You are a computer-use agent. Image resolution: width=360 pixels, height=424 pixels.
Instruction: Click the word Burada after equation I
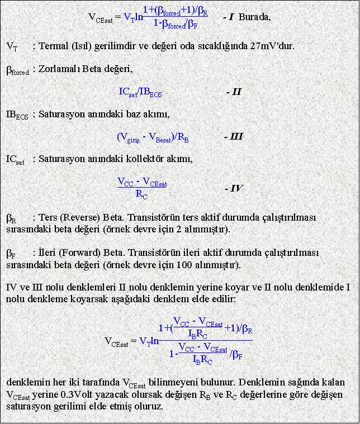coord(254,17)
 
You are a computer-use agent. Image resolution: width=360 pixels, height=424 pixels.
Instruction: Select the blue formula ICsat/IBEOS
coord(140,92)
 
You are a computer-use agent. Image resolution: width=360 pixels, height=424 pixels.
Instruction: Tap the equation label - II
coord(234,92)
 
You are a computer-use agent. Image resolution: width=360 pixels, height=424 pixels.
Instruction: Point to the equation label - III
coord(233,137)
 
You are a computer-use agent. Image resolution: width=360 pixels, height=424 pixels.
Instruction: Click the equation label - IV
coord(233,188)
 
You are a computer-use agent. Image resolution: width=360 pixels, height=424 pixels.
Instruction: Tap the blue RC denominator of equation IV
coord(142,195)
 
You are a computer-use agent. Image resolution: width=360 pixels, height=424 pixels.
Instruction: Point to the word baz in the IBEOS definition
coord(133,115)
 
